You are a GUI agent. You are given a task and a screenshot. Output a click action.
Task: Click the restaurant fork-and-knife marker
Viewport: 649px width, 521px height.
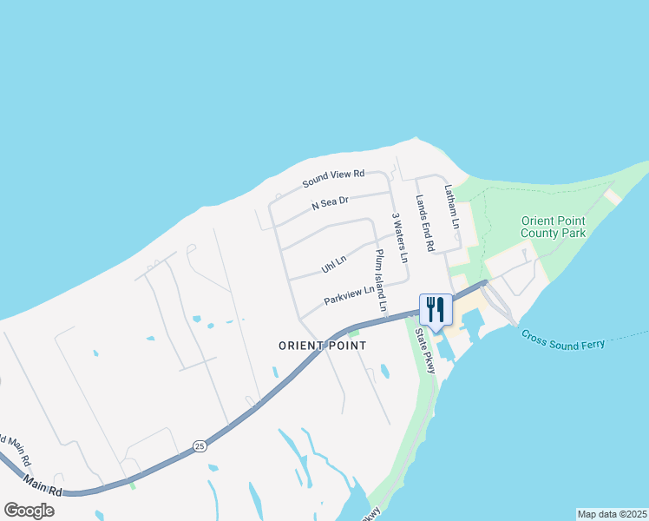[435, 310]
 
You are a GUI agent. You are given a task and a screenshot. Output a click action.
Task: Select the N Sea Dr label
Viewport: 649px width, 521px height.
[330, 203]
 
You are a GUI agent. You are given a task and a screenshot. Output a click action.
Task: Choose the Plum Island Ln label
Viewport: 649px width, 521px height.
[380, 280]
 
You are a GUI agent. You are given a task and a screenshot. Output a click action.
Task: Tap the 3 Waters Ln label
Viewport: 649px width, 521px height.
[399, 238]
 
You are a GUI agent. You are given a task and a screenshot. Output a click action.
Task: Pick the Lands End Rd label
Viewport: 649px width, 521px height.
[424, 222]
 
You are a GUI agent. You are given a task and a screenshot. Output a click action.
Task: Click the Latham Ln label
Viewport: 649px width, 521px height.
[451, 207]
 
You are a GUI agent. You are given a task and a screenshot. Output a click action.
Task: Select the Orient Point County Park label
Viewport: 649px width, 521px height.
[553, 227]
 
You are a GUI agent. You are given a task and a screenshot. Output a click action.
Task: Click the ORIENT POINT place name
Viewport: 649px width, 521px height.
[322, 346]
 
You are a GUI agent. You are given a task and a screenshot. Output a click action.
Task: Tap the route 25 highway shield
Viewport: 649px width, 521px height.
[200, 446]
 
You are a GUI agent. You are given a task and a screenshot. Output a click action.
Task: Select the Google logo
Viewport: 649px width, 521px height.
[29, 510]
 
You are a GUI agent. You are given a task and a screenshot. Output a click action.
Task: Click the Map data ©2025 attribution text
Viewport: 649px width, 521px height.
[611, 513]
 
